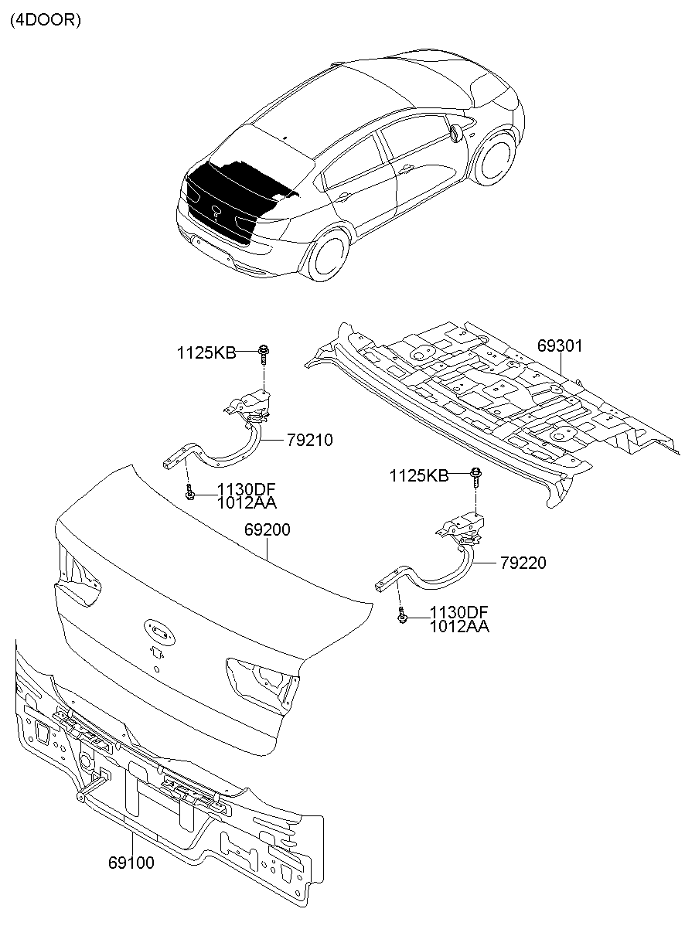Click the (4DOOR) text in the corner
tap(45, 21)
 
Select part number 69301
tap(560, 346)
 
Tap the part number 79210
tap(309, 440)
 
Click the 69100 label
tap(131, 863)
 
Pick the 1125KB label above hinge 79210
tap(206, 352)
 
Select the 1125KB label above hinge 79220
tap(418, 475)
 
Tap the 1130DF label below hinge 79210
tap(247, 488)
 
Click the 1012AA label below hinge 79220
tap(459, 627)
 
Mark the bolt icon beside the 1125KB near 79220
tap(476, 475)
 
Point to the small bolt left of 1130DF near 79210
tap(189, 491)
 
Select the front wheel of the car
tap(494, 160)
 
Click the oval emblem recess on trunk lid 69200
tap(158, 631)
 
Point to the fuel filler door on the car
tap(456, 133)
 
